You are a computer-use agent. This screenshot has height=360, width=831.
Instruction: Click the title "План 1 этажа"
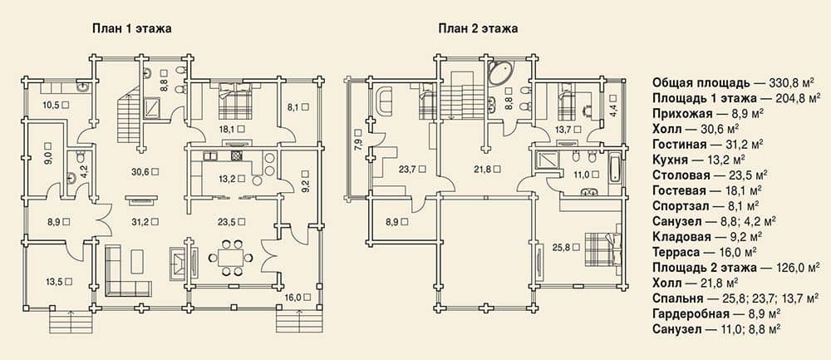click(x=132, y=29)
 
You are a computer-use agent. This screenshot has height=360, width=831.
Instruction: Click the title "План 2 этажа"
click(x=478, y=29)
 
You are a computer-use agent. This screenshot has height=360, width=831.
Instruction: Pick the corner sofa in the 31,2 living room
click(x=128, y=270)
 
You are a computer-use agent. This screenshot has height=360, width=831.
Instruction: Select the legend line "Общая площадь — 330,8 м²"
click(x=732, y=82)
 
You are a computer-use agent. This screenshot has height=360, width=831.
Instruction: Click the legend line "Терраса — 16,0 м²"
click(x=704, y=251)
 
